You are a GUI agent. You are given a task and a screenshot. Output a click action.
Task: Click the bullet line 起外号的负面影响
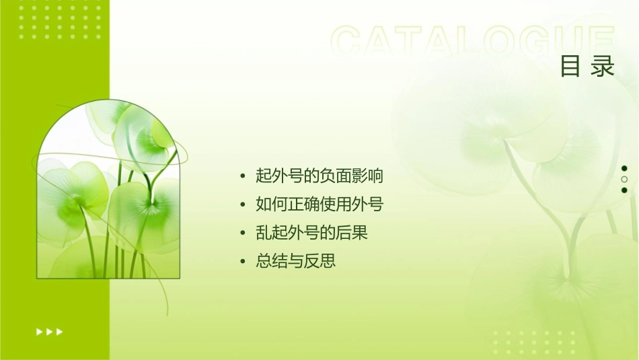point(319,176)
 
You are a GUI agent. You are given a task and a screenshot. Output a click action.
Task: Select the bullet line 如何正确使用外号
point(319,205)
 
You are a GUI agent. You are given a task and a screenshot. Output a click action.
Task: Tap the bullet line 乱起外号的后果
point(311,233)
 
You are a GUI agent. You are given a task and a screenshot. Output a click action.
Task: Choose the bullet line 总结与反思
point(295,261)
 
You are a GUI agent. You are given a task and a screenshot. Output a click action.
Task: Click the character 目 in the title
point(570,67)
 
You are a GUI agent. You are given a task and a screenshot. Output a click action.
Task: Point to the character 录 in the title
point(603,67)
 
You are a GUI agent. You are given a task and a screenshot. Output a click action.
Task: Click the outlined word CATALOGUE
point(473,42)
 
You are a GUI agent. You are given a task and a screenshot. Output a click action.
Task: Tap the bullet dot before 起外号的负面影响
point(243,177)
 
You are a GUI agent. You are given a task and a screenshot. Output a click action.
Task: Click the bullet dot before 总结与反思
point(243,262)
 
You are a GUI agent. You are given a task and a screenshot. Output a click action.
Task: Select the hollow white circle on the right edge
point(624,180)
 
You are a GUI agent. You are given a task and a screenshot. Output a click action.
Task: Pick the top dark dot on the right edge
point(624,168)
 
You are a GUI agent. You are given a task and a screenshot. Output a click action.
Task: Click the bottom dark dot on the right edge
point(624,190)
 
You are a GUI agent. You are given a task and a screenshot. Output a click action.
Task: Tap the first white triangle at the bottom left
point(39,331)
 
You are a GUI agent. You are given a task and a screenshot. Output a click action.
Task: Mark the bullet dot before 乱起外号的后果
point(243,233)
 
